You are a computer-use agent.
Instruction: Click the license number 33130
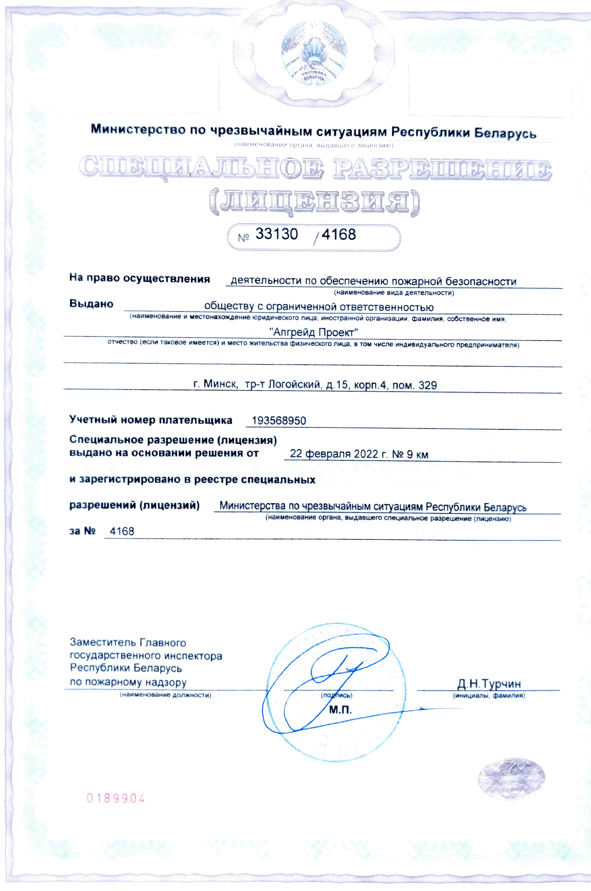(x=277, y=234)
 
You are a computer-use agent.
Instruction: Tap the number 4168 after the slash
(x=338, y=235)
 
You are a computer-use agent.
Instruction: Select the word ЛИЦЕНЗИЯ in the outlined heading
(x=314, y=202)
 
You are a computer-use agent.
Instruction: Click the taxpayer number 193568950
(x=279, y=421)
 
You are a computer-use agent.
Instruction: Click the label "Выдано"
(x=91, y=304)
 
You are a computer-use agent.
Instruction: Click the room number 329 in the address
(x=427, y=385)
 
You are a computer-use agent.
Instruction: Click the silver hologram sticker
(x=511, y=779)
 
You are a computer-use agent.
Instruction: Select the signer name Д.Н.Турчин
(x=489, y=684)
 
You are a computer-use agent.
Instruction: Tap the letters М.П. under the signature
(x=340, y=710)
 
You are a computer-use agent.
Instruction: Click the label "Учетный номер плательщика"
(x=151, y=420)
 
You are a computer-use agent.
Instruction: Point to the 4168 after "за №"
(x=122, y=531)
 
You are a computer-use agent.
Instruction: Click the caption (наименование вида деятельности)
(x=394, y=293)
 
